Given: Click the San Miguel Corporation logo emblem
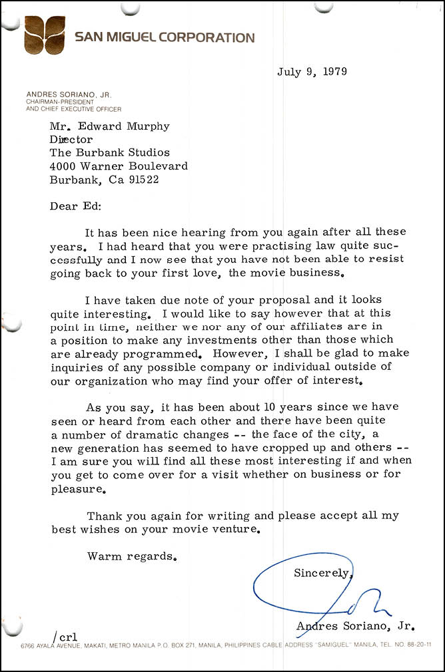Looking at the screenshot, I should pyautogui.click(x=45, y=35).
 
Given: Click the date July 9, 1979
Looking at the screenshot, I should pyautogui.click(x=312, y=73).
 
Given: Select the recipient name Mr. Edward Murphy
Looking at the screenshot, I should pyautogui.click(x=110, y=127).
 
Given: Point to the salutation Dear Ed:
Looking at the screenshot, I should pyautogui.click(x=75, y=206).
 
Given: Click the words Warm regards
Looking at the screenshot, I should pyautogui.click(x=131, y=556).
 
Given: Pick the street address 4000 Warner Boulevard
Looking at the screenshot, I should pyautogui.click(x=119, y=166).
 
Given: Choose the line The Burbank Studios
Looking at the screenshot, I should pyautogui.click(x=110, y=152).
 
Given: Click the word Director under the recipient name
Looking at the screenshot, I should pyautogui.click(x=71, y=140).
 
